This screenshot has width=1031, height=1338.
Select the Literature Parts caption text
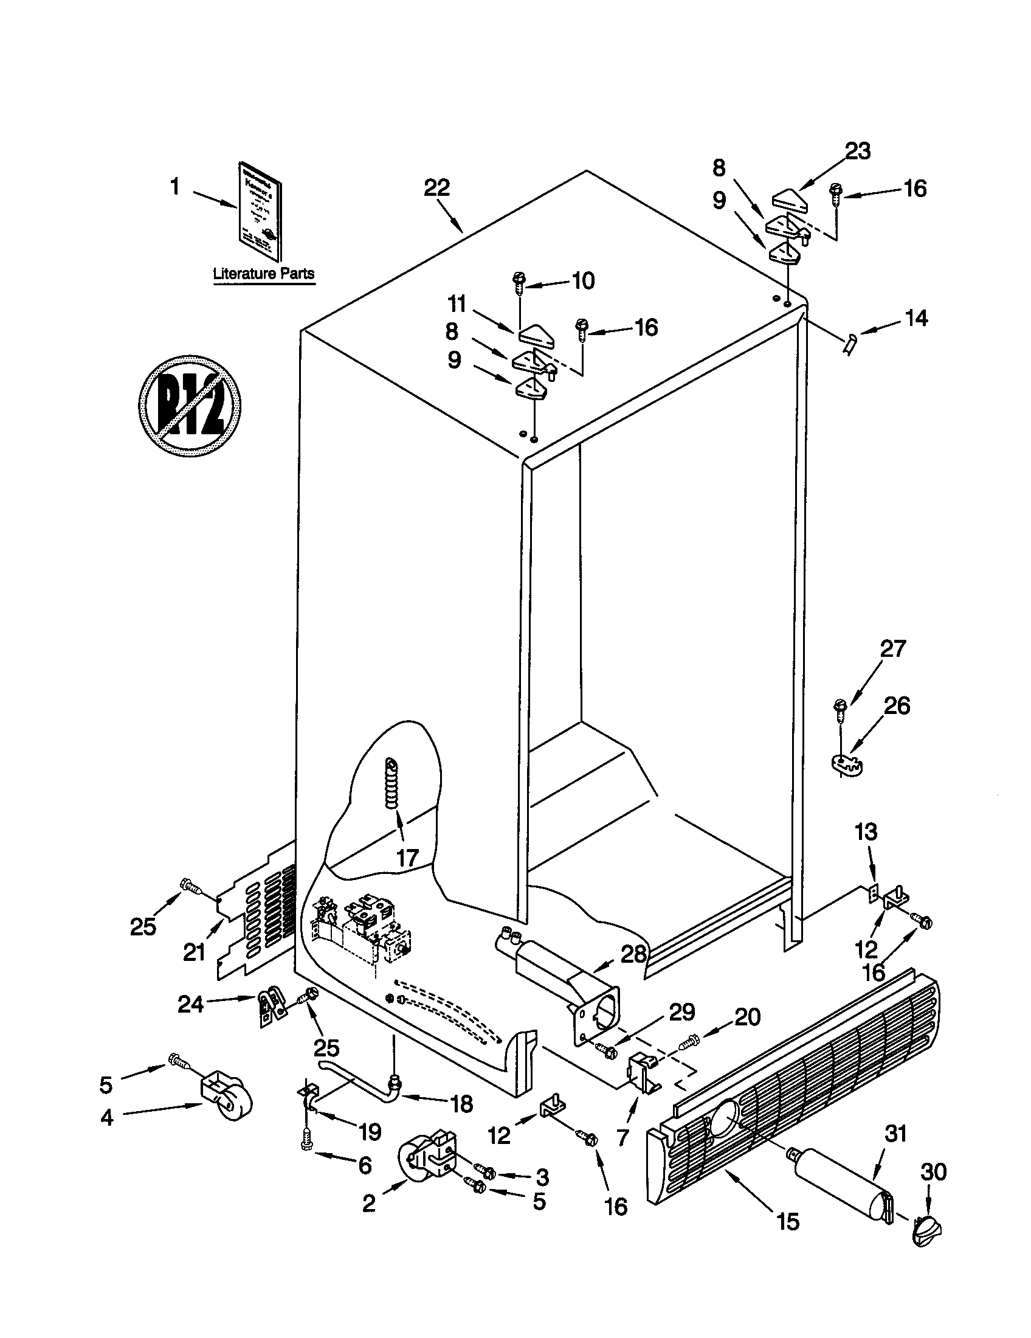click(263, 274)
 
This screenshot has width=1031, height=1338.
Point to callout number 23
click(857, 151)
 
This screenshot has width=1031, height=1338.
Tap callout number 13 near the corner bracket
click(866, 833)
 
